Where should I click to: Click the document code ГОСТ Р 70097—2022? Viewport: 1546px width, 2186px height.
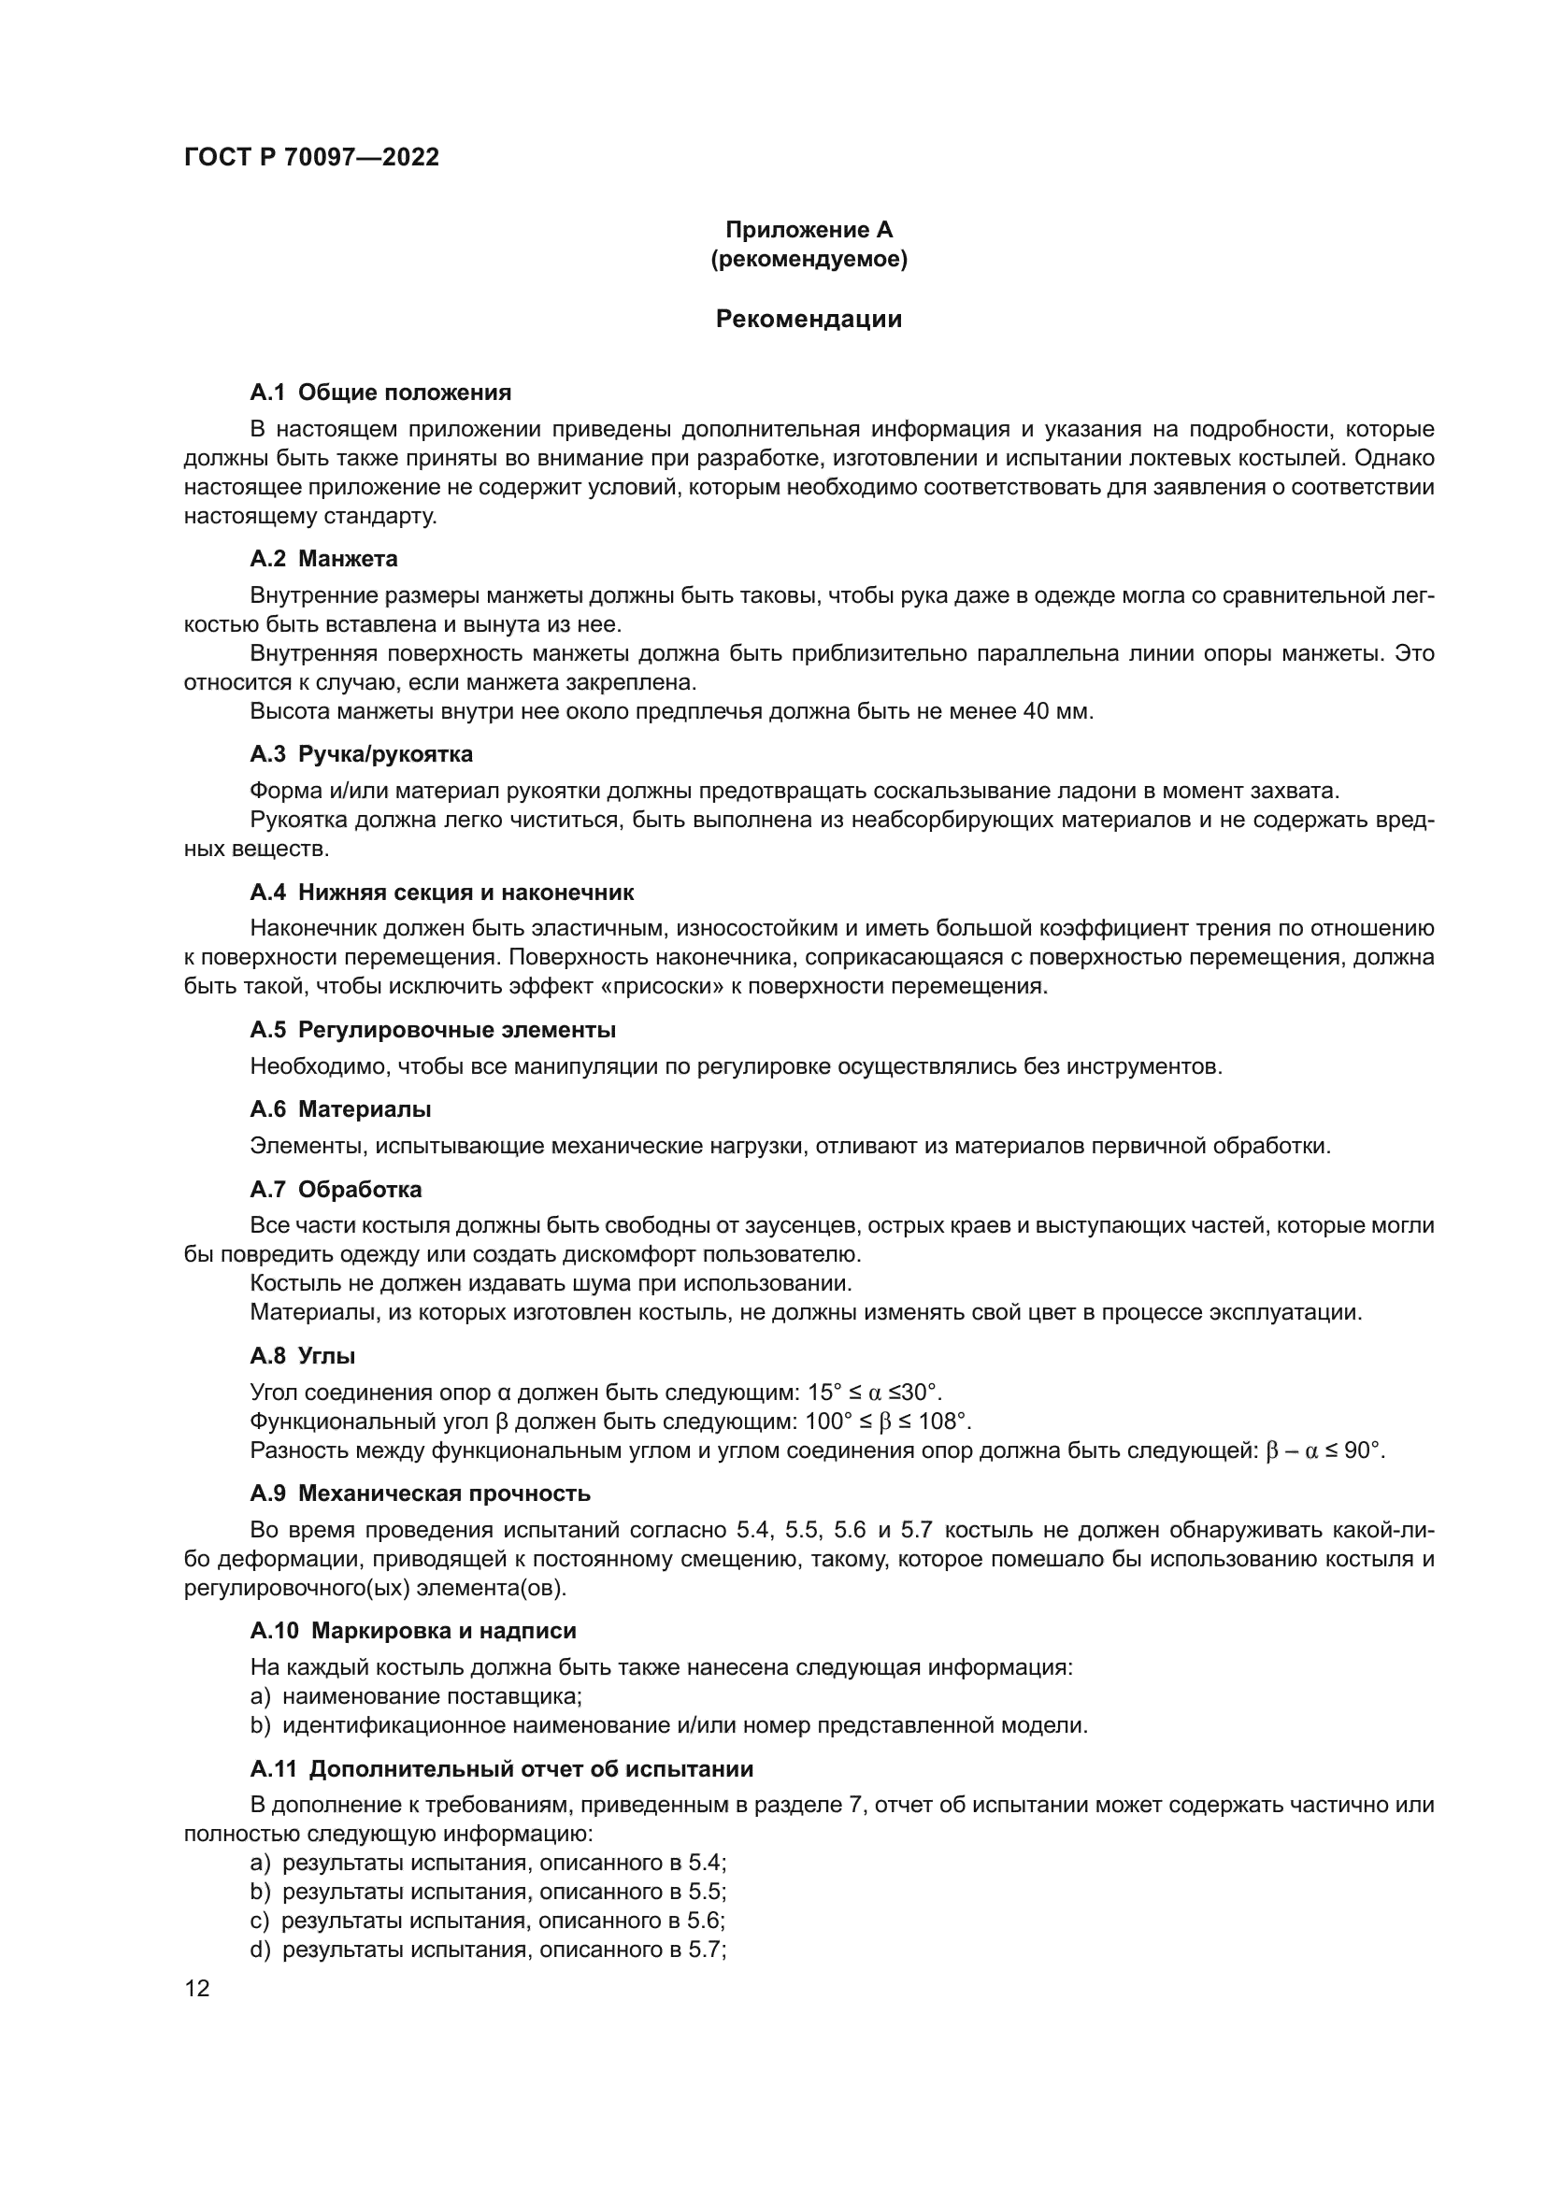[311, 158]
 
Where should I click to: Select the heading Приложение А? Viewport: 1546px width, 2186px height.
[809, 230]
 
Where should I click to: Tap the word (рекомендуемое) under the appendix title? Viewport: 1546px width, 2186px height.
[809, 259]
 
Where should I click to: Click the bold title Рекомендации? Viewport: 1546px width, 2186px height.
[809, 319]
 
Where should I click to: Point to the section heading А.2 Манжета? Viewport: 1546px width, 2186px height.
[323, 559]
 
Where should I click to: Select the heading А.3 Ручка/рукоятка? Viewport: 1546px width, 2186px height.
[362, 754]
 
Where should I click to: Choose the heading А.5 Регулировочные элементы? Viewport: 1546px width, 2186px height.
[433, 1030]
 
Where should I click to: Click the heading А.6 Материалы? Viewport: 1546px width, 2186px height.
[341, 1109]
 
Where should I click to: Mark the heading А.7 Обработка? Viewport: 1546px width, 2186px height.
[336, 1189]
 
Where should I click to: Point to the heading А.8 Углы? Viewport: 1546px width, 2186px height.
[303, 1356]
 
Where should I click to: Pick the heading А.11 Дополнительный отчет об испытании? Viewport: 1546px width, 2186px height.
[502, 1769]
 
